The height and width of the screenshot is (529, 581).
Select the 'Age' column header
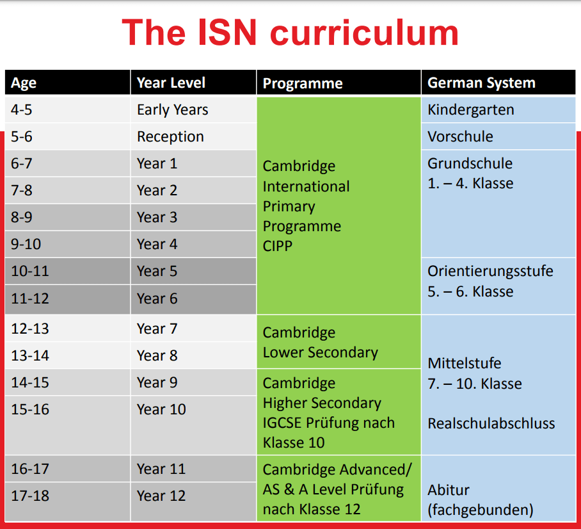[24, 83]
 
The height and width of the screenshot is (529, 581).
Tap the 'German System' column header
[481, 83]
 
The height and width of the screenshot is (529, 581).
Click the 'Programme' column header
[303, 84]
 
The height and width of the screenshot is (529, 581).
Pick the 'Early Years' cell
[172, 110]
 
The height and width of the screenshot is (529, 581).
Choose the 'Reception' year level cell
[170, 137]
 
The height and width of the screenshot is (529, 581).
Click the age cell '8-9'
[22, 218]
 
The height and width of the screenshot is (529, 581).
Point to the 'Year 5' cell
[157, 272]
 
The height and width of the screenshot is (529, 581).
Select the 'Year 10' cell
[161, 410]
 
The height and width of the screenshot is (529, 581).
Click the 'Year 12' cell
[161, 496]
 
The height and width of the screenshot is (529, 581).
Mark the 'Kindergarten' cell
[470, 110]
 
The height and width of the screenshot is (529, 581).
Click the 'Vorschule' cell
[460, 137]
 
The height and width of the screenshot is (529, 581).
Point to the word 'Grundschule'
[470, 164]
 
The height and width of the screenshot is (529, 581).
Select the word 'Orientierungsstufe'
[490, 272]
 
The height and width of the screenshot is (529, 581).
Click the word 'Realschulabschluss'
[491, 424]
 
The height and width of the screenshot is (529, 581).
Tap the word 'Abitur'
[449, 491]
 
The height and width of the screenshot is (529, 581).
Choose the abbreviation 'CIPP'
[278, 246]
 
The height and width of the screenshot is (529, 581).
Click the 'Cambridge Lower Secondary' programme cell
[320, 343]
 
